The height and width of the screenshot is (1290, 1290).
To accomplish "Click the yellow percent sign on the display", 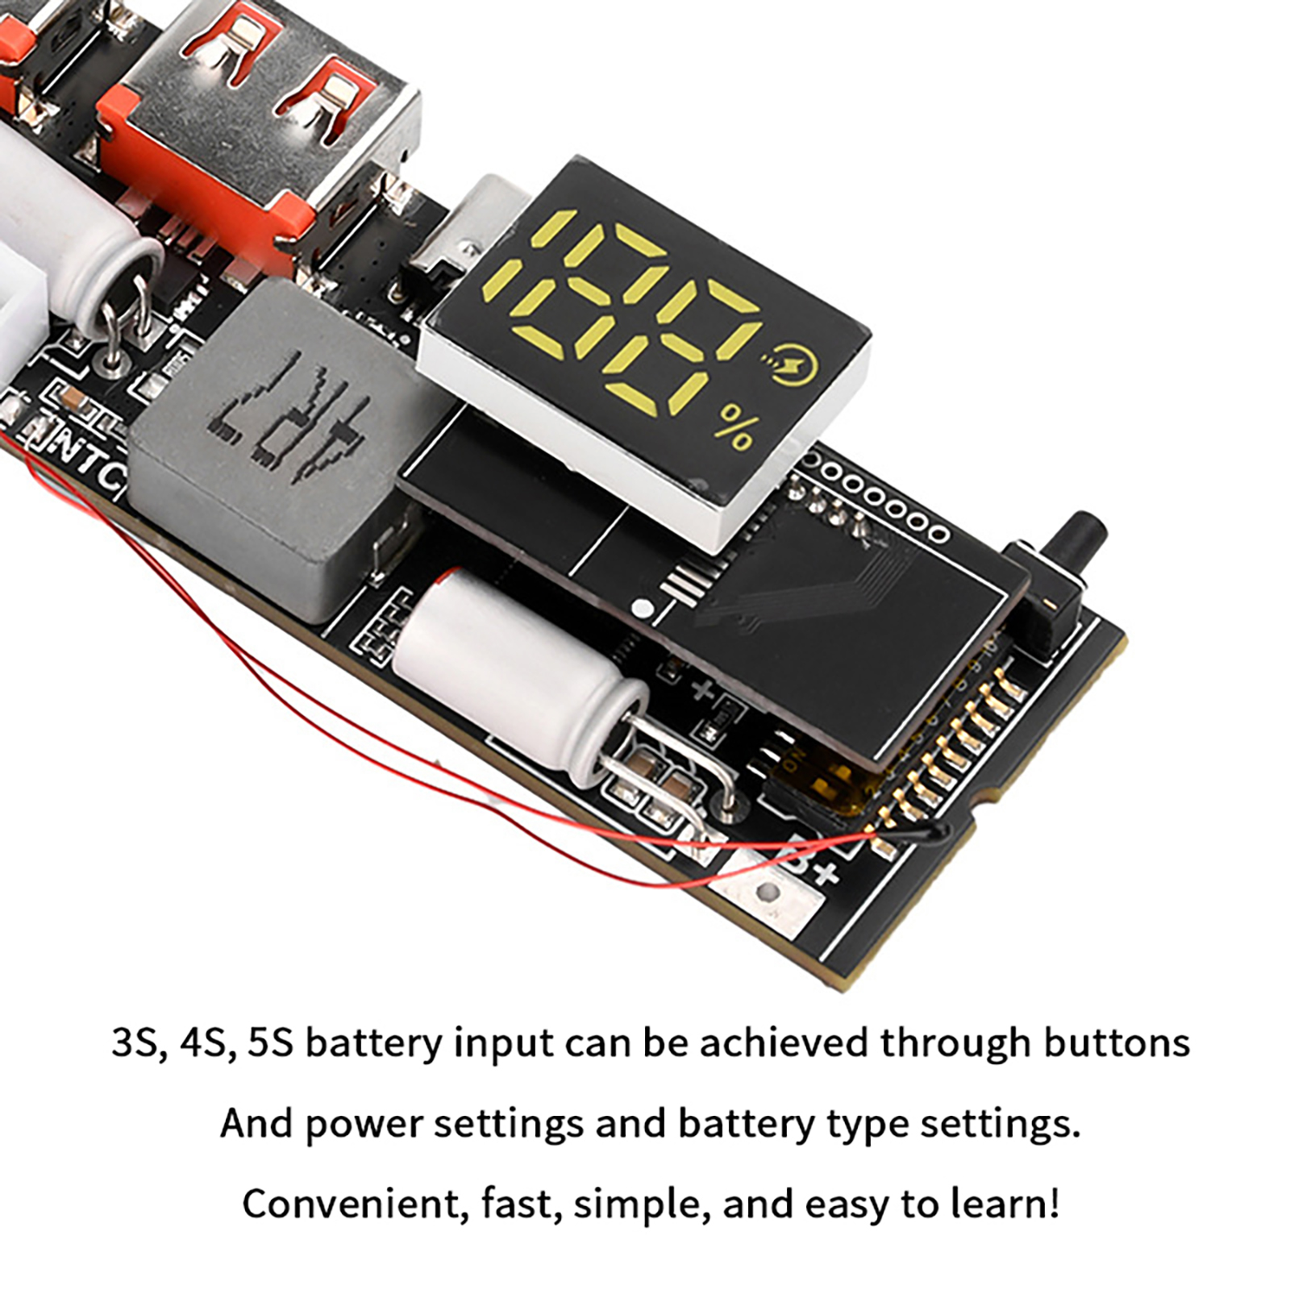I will pyautogui.click(x=733, y=427).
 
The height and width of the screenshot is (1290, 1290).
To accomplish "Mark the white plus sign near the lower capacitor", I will pyautogui.click(x=703, y=690).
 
